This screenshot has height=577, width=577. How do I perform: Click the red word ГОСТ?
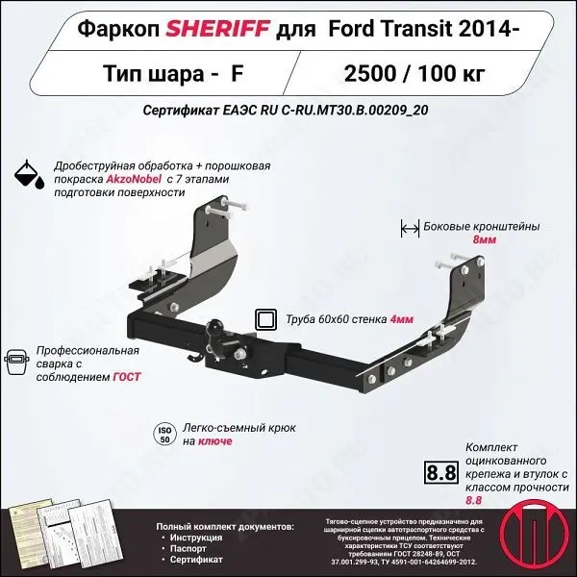125,377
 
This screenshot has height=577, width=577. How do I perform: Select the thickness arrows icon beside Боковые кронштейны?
409,228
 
